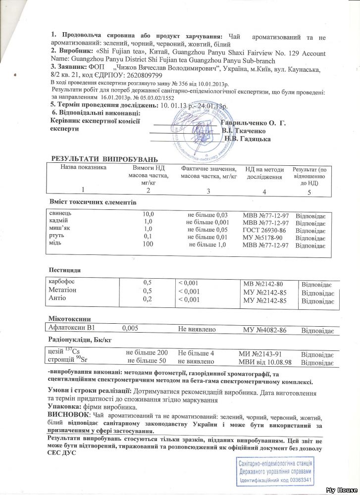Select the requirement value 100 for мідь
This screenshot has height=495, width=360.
(147, 245)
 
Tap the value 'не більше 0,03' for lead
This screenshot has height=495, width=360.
(207, 215)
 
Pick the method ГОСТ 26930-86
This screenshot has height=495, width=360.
(262, 230)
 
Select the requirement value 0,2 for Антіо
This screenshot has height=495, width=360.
(147, 298)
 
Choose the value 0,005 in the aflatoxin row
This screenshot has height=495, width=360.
(130, 328)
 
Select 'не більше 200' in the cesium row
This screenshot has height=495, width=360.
(148, 353)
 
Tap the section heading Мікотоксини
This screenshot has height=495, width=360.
(69, 317)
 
